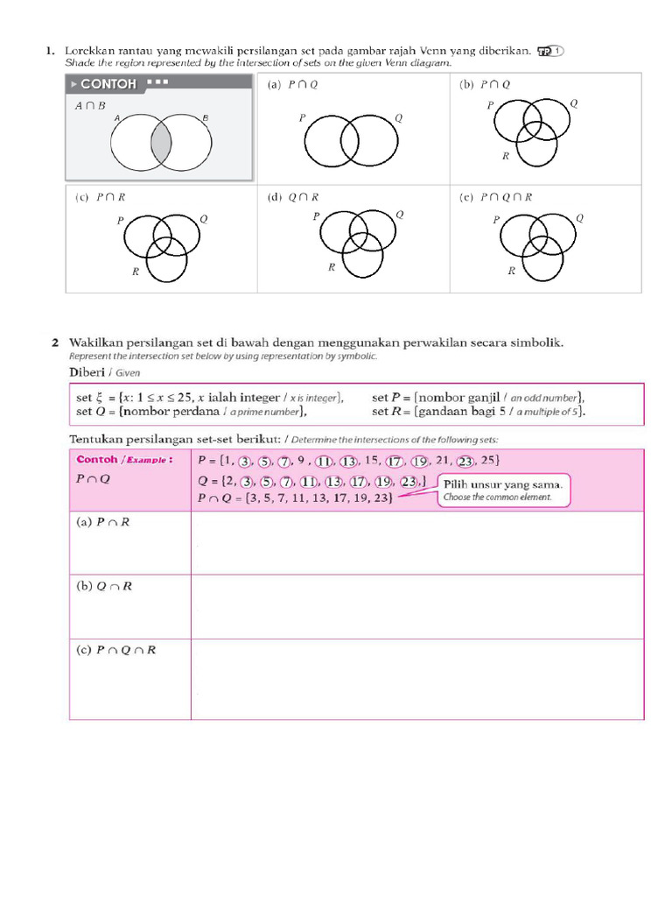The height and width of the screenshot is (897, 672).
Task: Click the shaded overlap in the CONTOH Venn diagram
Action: coord(161,144)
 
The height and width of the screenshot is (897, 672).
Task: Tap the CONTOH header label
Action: coord(108,84)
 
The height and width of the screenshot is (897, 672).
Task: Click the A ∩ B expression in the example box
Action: coord(90,105)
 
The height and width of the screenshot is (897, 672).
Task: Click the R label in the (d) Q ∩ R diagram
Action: coord(332,267)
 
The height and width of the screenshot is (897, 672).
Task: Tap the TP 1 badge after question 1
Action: coord(550,52)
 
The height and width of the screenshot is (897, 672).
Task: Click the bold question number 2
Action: coord(54,343)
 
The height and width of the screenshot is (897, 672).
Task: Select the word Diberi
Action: coord(87,371)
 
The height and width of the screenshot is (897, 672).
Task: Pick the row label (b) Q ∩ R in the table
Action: coord(103,586)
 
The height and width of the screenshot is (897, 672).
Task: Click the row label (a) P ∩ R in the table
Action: coord(102,522)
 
